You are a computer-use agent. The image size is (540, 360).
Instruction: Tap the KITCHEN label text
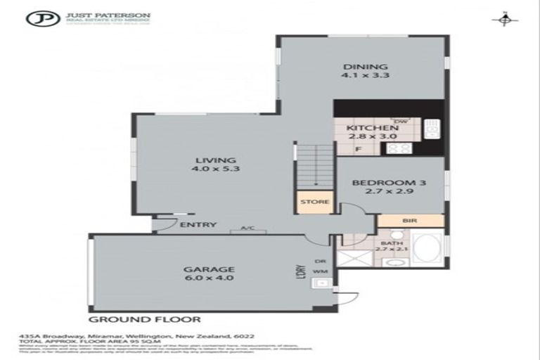pyautogui.click(x=368, y=127)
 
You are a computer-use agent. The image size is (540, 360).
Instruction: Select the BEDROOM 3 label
pyautogui.click(x=389, y=183)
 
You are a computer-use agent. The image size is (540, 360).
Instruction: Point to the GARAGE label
pyautogui.click(x=209, y=269)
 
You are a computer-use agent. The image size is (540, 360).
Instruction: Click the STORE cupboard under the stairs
pyautogui.click(x=314, y=202)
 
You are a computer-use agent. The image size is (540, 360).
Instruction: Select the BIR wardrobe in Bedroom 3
pyautogui.click(x=410, y=220)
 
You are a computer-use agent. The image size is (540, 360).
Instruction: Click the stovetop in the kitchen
pyautogui.click(x=400, y=148)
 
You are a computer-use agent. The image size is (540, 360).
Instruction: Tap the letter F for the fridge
pyautogui.click(x=358, y=149)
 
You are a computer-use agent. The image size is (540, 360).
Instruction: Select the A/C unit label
pyautogui.click(x=246, y=228)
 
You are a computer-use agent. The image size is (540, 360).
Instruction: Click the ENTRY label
pyautogui.click(x=193, y=225)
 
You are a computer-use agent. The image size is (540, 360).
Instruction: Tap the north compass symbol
pyautogui.click(x=504, y=20)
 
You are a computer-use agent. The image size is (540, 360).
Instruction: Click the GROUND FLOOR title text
pyautogui.click(x=144, y=319)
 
